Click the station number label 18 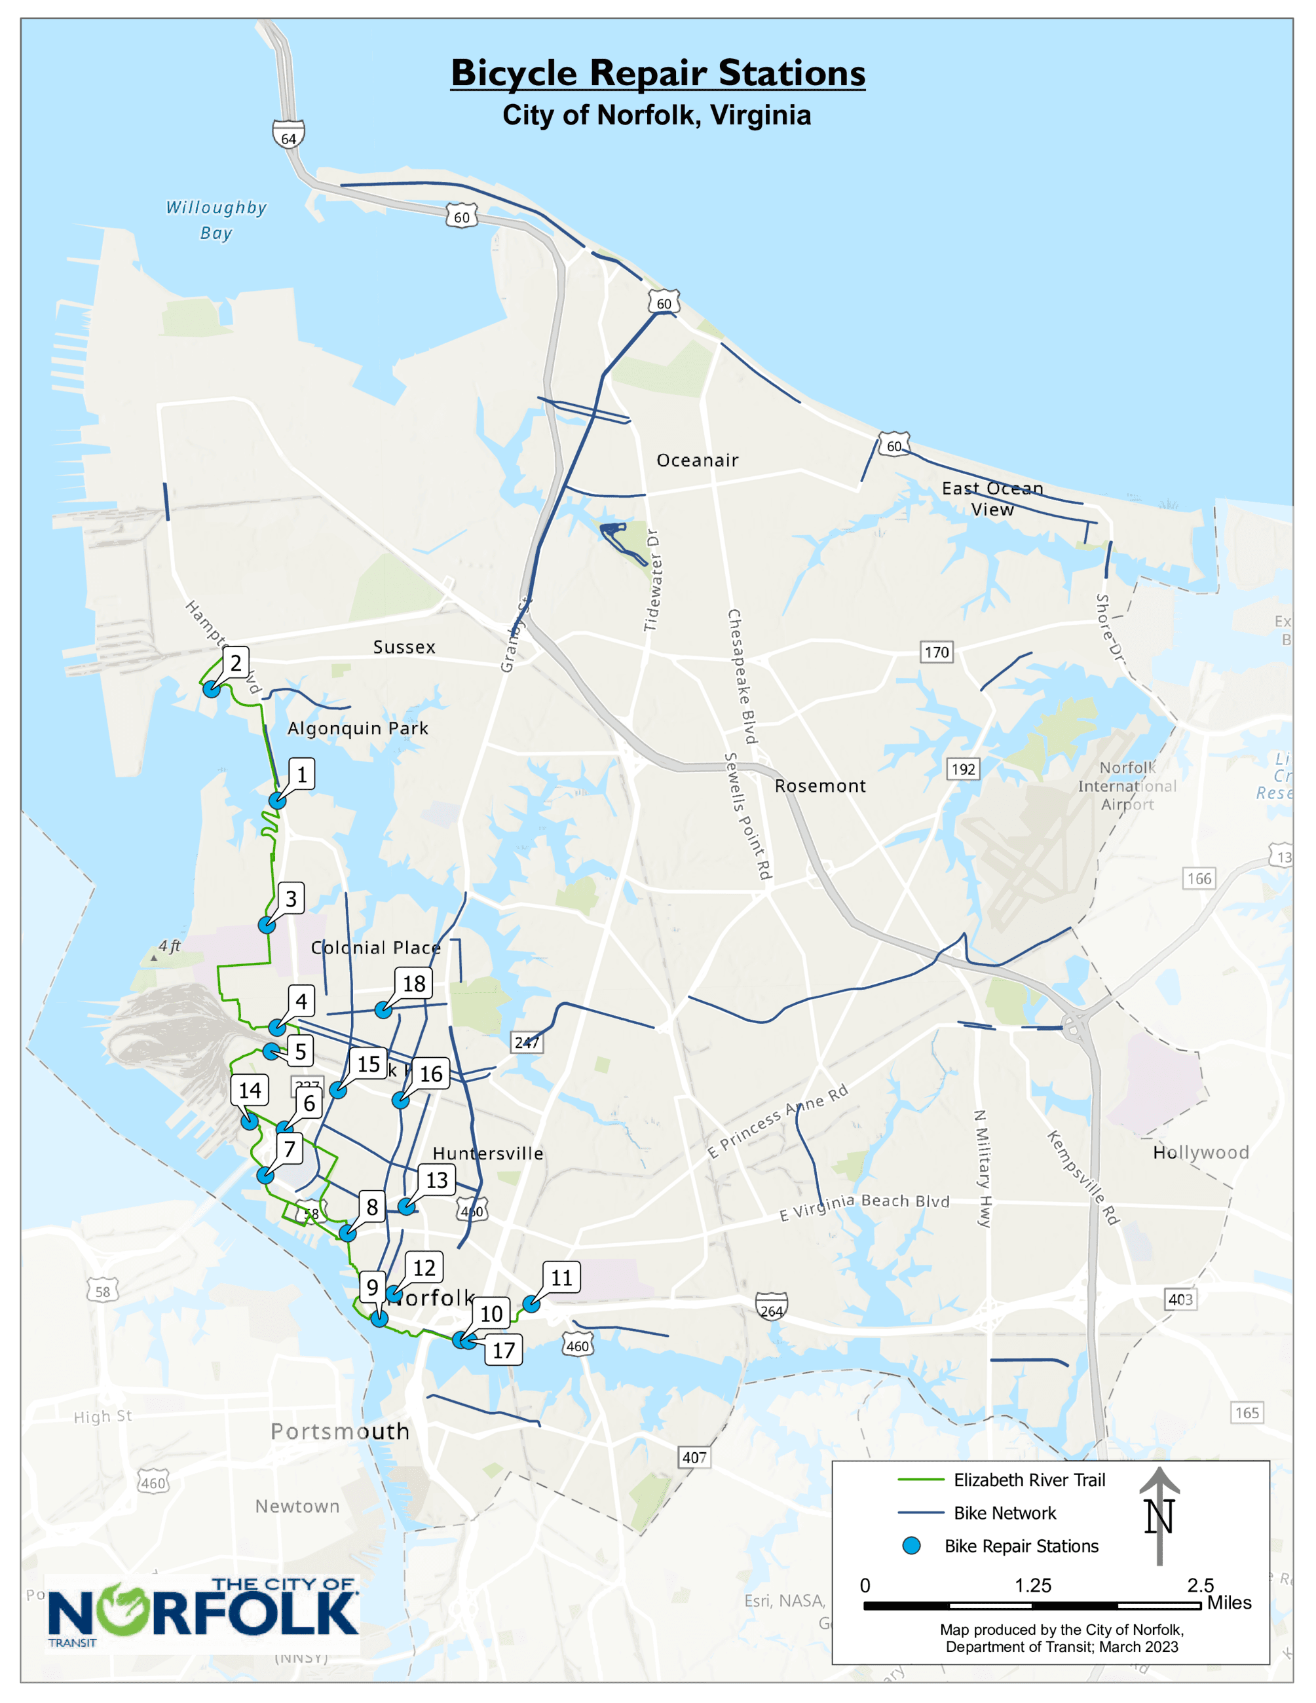pos(414,983)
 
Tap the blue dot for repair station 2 pos(212,689)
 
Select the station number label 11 pos(561,1277)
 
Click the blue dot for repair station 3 pos(267,926)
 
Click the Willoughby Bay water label pos(216,220)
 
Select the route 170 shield pos(936,652)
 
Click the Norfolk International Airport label pos(1127,785)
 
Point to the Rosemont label pos(820,786)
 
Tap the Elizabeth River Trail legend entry pos(1029,1480)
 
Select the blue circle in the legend pos(911,1546)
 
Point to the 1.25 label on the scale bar pos(1033,1585)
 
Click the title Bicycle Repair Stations pos(658,73)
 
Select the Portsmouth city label pos(340,1432)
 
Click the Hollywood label pos(1201,1153)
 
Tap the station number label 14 pos(250,1090)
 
